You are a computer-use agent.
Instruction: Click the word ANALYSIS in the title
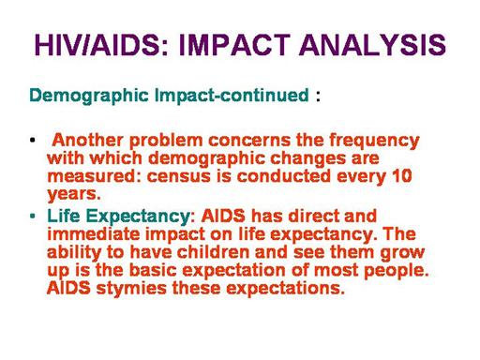372,45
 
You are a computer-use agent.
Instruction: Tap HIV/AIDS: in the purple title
102,45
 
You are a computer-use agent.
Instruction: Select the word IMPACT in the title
234,45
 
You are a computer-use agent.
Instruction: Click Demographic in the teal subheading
89,96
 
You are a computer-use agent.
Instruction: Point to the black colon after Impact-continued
318,97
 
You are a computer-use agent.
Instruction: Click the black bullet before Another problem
32,140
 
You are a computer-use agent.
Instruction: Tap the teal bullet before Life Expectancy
32,216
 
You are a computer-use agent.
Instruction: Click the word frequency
374,142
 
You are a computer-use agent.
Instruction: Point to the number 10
401,176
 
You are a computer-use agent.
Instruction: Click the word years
74,195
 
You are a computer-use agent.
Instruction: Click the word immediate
94,234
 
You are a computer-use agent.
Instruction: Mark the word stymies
131,290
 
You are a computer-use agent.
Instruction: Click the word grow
402,253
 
